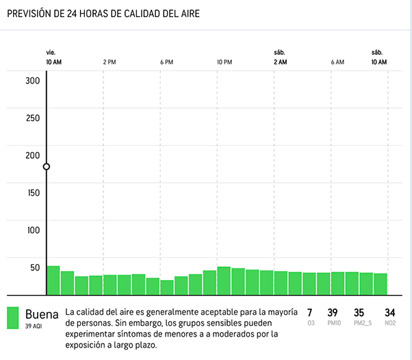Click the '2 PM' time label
(x=110, y=62)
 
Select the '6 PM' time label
(x=166, y=62)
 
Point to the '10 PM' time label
(x=224, y=62)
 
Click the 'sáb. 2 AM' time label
(x=280, y=57)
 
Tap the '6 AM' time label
(x=337, y=62)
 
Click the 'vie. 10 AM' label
(x=53, y=57)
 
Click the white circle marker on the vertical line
(x=47, y=166)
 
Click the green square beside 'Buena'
(x=13, y=318)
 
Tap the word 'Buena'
(x=42, y=314)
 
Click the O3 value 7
(x=310, y=313)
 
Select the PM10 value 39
(x=333, y=313)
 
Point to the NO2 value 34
(x=390, y=313)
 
